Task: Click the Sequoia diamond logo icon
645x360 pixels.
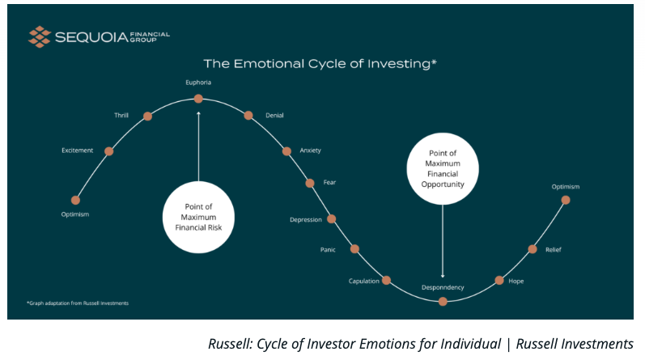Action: tap(40, 37)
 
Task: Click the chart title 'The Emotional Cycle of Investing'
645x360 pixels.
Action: tap(320, 64)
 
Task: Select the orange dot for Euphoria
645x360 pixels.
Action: tap(198, 99)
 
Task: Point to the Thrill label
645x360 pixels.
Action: tap(121, 115)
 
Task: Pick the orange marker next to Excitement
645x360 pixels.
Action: tap(109, 151)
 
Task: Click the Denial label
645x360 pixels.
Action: tap(274, 116)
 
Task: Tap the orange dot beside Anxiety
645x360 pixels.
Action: tap(286, 151)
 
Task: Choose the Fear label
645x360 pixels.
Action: tap(329, 182)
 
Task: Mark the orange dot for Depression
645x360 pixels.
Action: tap(332, 219)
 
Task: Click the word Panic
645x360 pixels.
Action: tap(328, 250)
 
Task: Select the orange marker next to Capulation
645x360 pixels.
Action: tap(386, 281)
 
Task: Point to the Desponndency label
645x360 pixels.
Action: tap(443, 287)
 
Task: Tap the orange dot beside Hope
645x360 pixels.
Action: tap(499, 281)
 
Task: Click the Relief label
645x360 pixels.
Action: tap(554, 250)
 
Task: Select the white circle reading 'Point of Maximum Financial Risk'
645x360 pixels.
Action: tap(199, 218)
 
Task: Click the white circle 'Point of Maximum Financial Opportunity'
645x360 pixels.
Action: tap(443, 169)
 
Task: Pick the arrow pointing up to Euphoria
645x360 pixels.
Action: tap(199, 146)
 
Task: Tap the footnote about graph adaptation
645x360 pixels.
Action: tap(78, 303)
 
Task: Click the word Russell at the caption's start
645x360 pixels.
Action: tap(231, 344)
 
